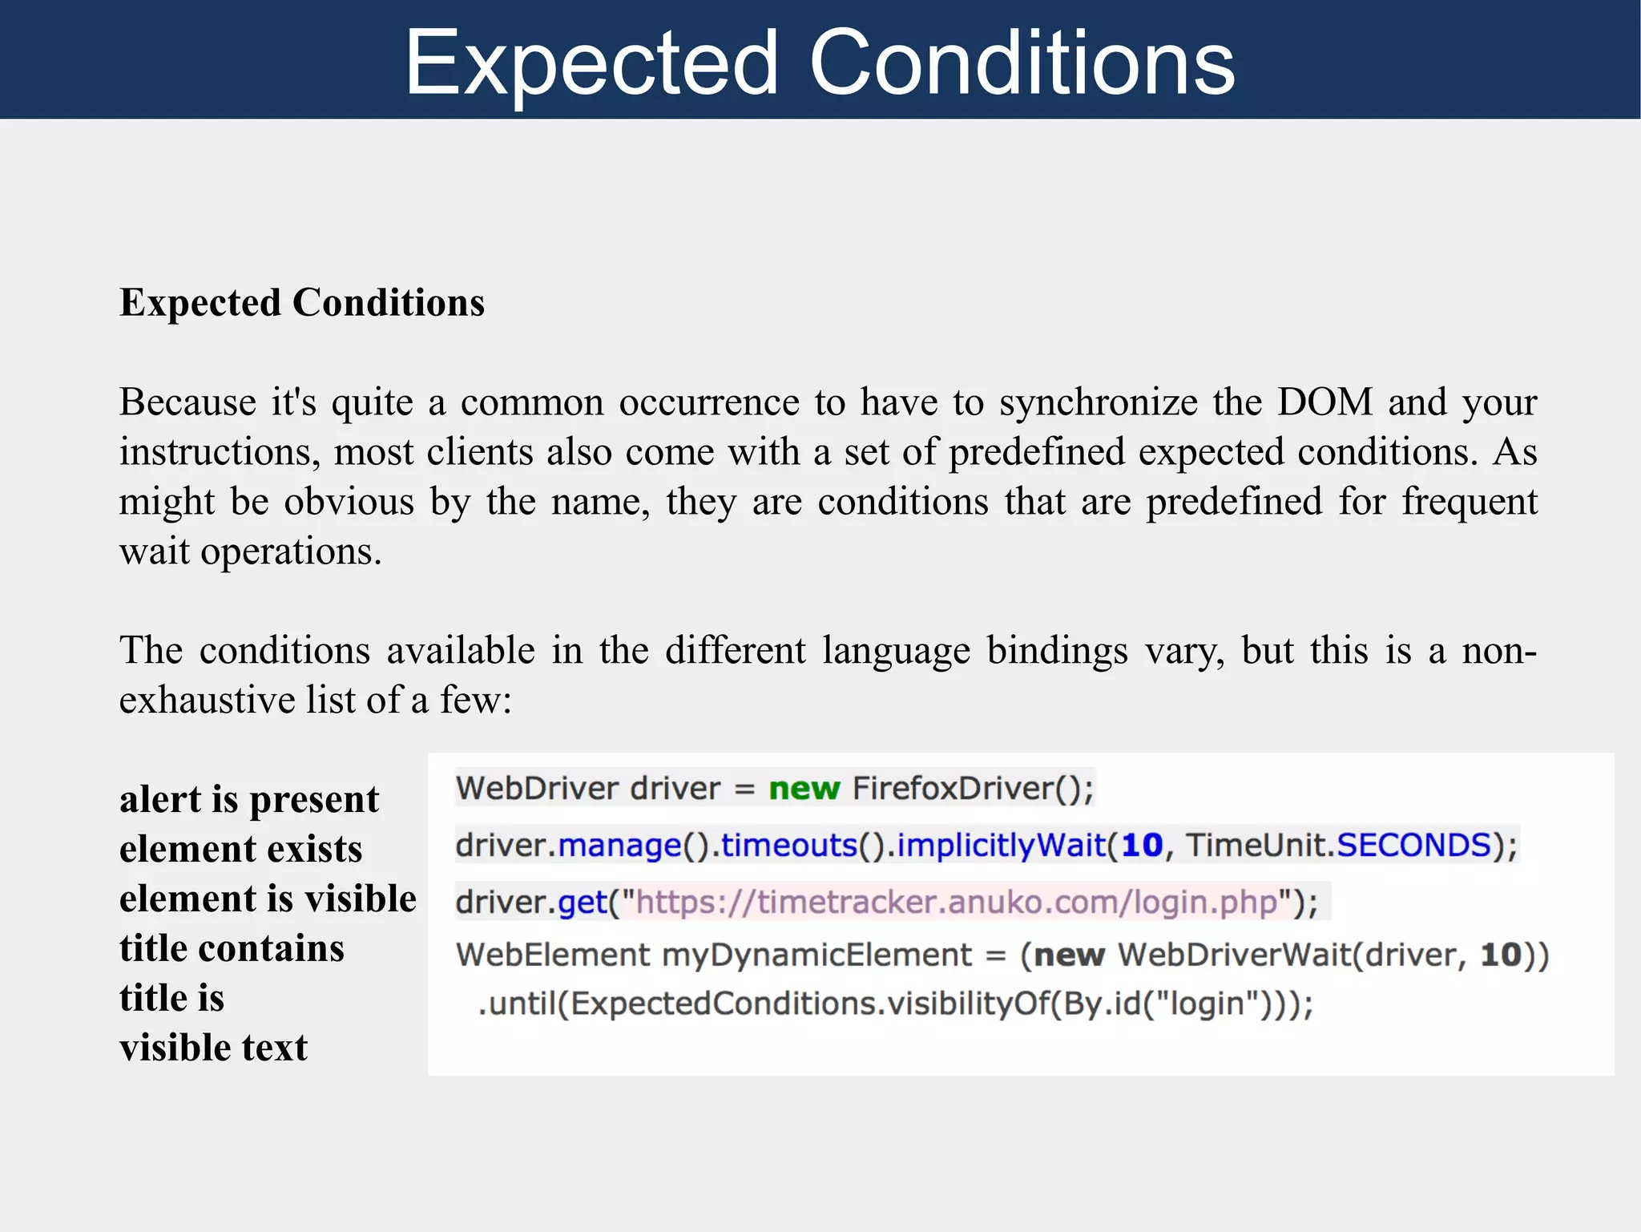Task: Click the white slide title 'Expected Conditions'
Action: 820,63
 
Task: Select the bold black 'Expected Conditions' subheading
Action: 302,303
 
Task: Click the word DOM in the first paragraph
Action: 1324,402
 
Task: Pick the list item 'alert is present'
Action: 249,800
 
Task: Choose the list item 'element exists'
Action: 240,849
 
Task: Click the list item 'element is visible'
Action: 268,899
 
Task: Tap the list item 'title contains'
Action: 232,948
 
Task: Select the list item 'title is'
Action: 171,998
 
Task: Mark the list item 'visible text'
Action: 213,1048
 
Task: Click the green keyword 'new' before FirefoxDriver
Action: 804,789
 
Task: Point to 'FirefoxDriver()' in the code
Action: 972,789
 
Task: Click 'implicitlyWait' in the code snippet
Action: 1001,846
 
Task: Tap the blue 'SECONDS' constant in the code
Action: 1413,846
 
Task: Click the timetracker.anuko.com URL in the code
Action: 956,903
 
